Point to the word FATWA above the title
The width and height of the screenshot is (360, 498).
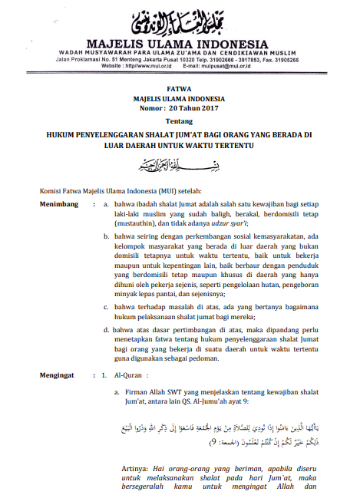coord(179,90)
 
